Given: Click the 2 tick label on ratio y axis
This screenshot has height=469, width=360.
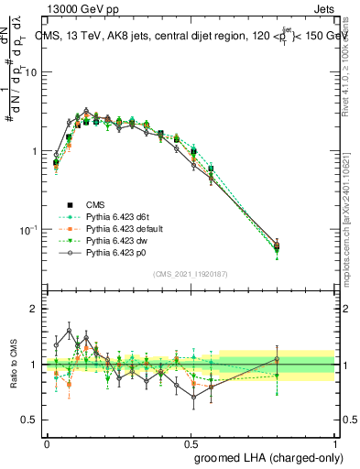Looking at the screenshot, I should click(x=35, y=310).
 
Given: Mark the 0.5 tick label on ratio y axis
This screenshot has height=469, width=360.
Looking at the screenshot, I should click(x=31, y=420).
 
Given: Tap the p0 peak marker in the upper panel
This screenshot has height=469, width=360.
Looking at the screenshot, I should click(x=86, y=111).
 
